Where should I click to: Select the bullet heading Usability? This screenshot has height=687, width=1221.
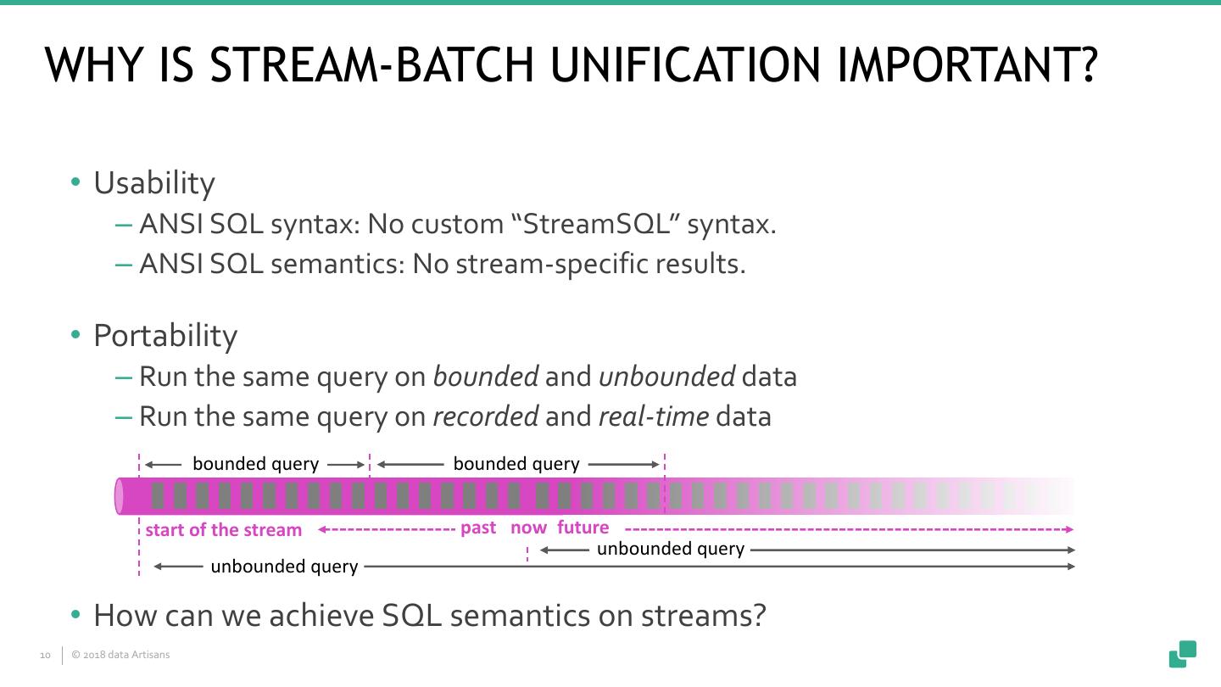point(153,183)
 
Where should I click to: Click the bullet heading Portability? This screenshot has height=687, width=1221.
point(165,336)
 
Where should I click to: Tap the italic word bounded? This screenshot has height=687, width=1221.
point(485,376)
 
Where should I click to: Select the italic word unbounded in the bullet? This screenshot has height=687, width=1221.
point(666,376)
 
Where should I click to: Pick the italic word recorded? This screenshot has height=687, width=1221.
point(485,416)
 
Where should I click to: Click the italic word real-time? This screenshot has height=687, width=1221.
point(653,416)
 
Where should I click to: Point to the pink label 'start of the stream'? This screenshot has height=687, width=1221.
point(223,530)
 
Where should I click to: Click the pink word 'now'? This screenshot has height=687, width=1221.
point(528,528)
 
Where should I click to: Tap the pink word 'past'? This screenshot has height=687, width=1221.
point(478,528)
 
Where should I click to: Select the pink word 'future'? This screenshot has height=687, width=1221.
point(583,528)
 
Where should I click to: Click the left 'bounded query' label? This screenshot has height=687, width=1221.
point(255,464)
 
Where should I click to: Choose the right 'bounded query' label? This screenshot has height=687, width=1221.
point(516,464)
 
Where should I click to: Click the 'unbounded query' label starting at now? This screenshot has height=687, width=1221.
point(670,549)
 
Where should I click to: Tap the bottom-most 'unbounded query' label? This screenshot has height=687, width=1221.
point(284,566)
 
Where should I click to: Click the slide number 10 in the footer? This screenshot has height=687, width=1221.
point(45,656)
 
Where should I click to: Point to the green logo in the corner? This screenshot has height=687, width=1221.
point(1183,654)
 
